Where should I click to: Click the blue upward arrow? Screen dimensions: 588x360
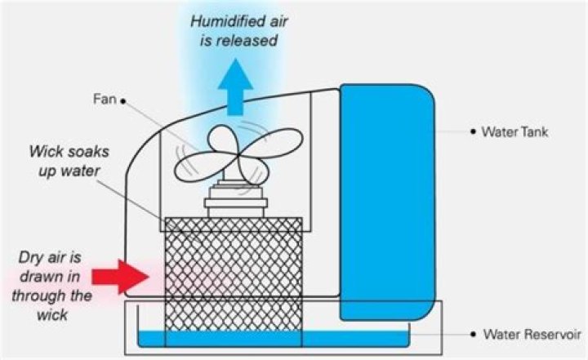click(x=236, y=87)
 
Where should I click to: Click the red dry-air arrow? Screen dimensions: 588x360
click(x=120, y=277)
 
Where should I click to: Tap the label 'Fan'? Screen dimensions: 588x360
click(x=105, y=99)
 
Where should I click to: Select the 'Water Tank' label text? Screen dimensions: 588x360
click(x=514, y=132)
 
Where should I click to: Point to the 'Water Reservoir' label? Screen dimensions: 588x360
click(x=532, y=334)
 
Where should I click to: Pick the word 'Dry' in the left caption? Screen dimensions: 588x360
click(x=32, y=259)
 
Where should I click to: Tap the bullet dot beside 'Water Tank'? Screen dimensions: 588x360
click(x=473, y=132)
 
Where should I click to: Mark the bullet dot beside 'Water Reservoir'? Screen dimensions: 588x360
click(x=474, y=334)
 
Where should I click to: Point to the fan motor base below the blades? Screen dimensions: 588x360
click(x=236, y=198)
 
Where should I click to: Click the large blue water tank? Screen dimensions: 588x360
click(x=387, y=202)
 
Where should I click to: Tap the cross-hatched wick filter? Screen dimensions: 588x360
click(x=234, y=282)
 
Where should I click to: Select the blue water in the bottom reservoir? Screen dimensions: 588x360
click(x=274, y=339)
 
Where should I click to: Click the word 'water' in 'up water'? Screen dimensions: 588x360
click(x=80, y=171)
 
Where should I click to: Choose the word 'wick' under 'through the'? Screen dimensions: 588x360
click(x=52, y=314)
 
